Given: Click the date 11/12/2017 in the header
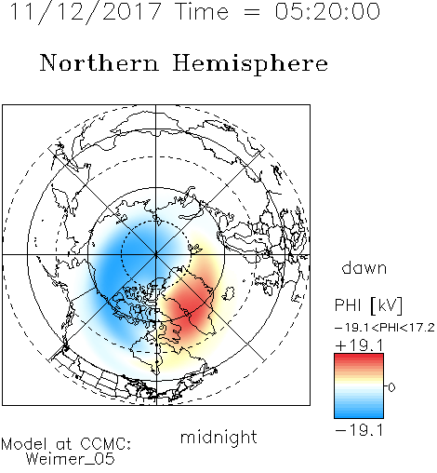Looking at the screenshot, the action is coord(86,12).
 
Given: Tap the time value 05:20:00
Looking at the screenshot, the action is coord(327,11).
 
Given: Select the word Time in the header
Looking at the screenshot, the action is coord(202,11).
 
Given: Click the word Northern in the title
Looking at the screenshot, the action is coord(99,62).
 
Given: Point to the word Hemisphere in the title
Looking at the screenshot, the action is coord(250,64).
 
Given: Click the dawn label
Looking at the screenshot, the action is coord(364,267).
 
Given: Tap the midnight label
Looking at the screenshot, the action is coord(218,438).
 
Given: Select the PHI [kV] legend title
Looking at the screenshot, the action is coord(368,304).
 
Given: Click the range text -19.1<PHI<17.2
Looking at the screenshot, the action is coord(385,328).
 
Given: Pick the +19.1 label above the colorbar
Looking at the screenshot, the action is coord(360,345).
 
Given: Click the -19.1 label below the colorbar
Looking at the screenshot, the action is coord(360,430).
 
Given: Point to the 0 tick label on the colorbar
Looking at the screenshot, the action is coord(391,387).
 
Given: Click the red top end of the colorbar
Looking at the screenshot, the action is coord(359,356).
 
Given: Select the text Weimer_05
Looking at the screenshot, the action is coord(71,459).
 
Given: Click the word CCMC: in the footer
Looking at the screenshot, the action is coord(106,444).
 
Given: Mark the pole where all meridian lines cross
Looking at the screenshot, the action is coord(156,254).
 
